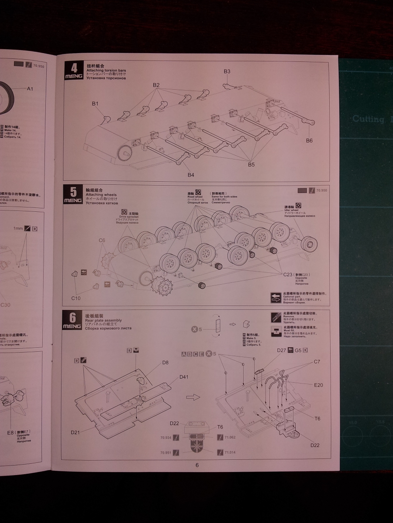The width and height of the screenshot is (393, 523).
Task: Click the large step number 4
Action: pyautogui.click(x=74, y=68)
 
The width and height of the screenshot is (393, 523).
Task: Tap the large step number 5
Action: pyautogui.click(x=73, y=192)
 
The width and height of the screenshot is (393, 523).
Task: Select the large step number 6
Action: pyautogui.click(x=73, y=317)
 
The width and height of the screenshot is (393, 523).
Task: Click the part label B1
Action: pyautogui.click(x=95, y=104)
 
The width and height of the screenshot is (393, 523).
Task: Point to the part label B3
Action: pyautogui.click(x=227, y=71)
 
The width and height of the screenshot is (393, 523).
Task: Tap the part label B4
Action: pyautogui.click(x=191, y=175)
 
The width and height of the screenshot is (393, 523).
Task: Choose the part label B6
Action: pyautogui.click(x=309, y=140)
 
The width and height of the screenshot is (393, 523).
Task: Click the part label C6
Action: pyautogui.click(x=102, y=240)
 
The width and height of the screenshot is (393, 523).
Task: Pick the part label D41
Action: pyautogui.click(x=184, y=377)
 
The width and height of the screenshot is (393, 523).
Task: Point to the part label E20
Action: pyautogui.click(x=318, y=385)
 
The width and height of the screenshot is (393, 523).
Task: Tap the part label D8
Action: pyautogui.click(x=165, y=362)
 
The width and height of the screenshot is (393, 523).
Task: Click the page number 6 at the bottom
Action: pyautogui.click(x=197, y=465)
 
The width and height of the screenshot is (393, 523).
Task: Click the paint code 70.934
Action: pyautogui.click(x=165, y=437)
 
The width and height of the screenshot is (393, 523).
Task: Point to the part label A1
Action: pyautogui.click(x=30, y=88)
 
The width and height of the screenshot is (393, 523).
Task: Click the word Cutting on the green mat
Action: pyautogui.click(x=368, y=119)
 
